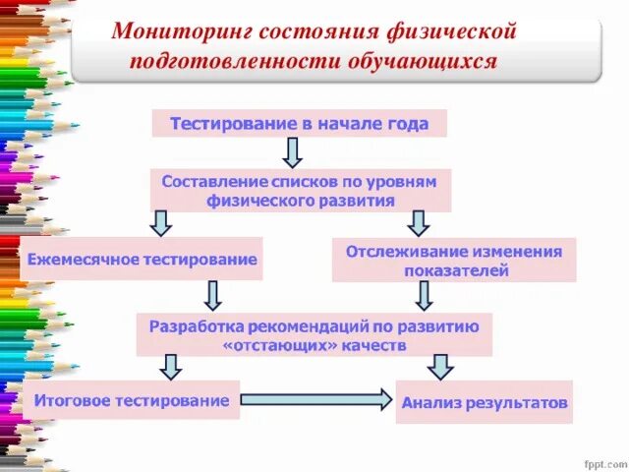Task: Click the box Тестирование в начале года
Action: [x=299, y=124]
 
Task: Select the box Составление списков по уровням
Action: [x=300, y=191]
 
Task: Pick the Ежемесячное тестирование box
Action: [x=143, y=260]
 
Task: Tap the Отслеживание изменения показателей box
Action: [x=454, y=261]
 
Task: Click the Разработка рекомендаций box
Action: [x=314, y=335]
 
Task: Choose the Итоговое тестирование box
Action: [x=132, y=400]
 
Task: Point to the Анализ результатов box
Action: [x=484, y=402]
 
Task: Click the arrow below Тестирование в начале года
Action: [x=292, y=152]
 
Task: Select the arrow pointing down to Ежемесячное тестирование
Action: [x=160, y=223]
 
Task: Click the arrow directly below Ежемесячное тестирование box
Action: [x=211, y=296]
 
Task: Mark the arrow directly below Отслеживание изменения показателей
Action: [x=425, y=296]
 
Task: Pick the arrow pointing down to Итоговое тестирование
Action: [x=171, y=367]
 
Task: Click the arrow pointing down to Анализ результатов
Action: [x=440, y=367]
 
